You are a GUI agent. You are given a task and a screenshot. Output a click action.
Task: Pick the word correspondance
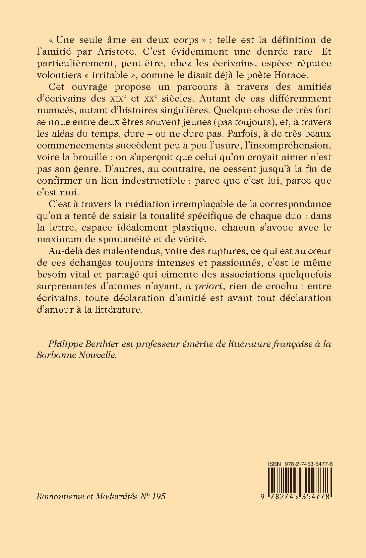tap(293, 204)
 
